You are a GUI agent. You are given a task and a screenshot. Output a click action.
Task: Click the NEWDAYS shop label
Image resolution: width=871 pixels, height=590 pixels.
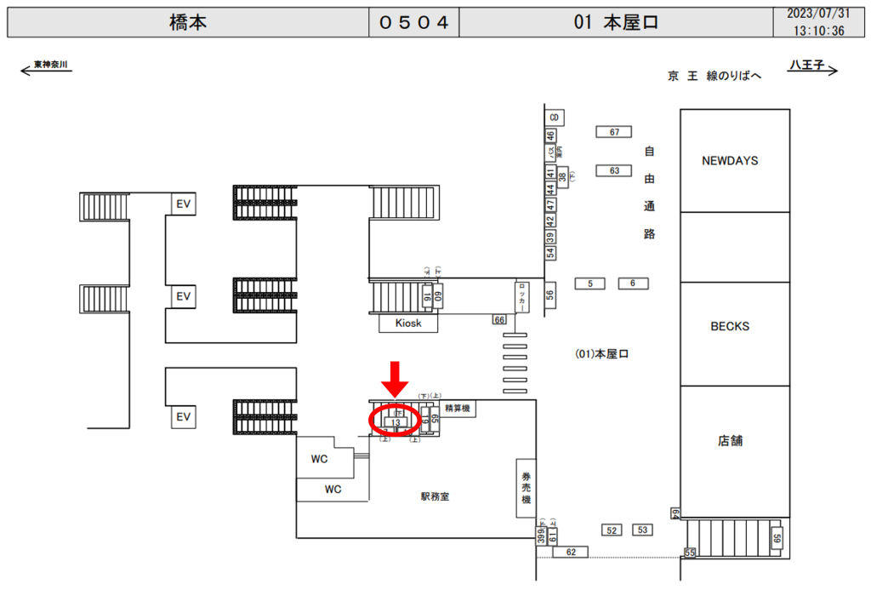click(x=729, y=160)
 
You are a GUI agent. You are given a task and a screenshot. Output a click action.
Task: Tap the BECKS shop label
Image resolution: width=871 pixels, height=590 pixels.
click(x=729, y=326)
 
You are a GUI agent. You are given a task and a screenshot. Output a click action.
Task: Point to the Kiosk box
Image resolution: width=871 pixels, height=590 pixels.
click(x=408, y=324)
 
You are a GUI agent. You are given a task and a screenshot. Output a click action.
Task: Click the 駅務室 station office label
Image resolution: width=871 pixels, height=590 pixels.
click(x=434, y=496)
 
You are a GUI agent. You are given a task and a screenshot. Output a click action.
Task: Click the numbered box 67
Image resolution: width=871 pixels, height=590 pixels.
click(x=613, y=131)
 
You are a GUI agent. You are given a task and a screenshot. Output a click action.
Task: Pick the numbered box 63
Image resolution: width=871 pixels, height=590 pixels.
click(x=613, y=170)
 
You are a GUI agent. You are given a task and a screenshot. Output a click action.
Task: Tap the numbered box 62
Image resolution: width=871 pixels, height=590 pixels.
click(x=570, y=553)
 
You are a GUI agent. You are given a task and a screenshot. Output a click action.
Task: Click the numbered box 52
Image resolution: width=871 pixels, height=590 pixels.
click(x=612, y=530)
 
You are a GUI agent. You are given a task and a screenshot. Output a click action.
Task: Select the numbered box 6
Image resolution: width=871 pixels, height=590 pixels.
click(x=633, y=283)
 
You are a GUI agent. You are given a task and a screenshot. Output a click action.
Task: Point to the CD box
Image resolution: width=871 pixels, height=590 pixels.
click(x=555, y=117)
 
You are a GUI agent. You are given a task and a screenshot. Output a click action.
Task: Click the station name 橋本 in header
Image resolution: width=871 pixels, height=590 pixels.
click(x=188, y=23)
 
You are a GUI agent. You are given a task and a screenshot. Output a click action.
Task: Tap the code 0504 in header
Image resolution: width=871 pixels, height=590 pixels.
click(x=413, y=23)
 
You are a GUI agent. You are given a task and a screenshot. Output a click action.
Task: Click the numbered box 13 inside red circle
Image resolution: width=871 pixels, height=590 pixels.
click(x=396, y=422)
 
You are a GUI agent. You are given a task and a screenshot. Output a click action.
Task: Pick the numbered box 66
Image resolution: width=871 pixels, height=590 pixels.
click(x=499, y=319)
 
